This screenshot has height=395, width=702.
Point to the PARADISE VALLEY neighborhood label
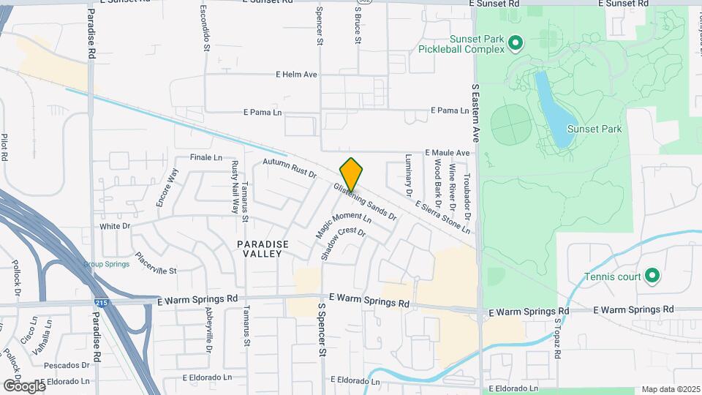(x=263, y=249)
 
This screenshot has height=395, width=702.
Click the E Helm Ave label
(x=296, y=75)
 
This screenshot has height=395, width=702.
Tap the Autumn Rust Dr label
(x=290, y=169)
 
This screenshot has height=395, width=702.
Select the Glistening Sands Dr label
(x=364, y=201)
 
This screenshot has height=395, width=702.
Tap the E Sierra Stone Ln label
(x=442, y=219)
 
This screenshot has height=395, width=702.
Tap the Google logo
(x=23, y=385)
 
